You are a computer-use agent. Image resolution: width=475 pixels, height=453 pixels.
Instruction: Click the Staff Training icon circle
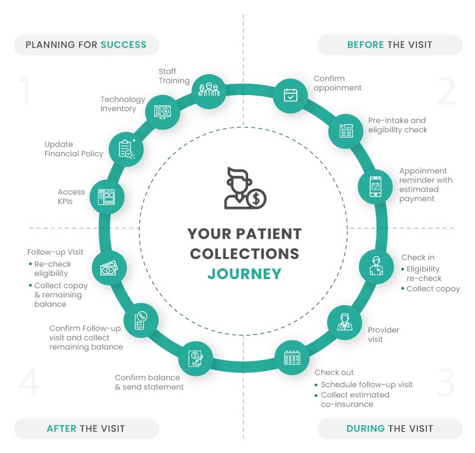point(208,90)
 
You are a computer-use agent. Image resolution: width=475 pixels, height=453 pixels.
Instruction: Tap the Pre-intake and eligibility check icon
point(346,131)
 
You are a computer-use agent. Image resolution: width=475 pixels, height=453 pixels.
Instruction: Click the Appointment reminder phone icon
point(375,187)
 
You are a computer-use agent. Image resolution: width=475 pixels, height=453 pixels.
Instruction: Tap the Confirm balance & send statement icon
point(195,359)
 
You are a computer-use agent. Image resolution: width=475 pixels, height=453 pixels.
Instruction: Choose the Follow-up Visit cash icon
point(109,268)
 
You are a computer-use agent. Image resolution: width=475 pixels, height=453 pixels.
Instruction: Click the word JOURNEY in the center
point(244,274)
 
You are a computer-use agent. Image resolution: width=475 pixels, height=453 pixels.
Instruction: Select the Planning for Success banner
point(87,45)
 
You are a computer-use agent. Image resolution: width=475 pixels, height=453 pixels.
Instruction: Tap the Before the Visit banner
point(389,45)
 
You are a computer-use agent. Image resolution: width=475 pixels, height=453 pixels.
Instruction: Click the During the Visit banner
point(389,428)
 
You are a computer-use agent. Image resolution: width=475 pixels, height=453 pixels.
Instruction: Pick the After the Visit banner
point(87,428)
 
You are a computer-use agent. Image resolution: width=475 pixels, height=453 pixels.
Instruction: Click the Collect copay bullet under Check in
point(433,289)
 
